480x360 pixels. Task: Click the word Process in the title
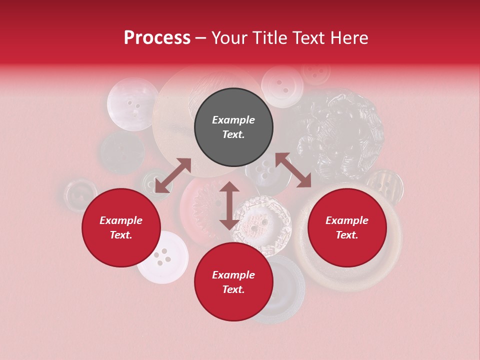[x=157, y=38]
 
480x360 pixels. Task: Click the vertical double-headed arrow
[x=229, y=205]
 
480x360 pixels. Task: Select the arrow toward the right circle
[x=293, y=170]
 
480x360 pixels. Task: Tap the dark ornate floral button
[x=340, y=132]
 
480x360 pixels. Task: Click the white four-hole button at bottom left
[x=162, y=257]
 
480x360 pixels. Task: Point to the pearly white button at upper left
[x=132, y=103]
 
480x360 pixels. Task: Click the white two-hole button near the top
[x=282, y=86]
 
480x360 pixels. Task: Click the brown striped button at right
[x=384, y=187]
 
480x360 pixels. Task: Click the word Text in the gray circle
[x=233, y=134]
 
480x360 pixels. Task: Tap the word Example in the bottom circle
[x=233, y=275]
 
